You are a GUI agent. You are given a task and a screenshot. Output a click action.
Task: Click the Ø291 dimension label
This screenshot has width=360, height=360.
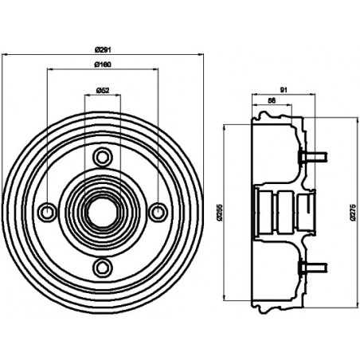pyautogui.click(x=103, y=49)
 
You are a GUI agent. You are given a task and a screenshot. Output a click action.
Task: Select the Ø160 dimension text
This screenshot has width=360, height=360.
pyautogui.click(x=103, y=64)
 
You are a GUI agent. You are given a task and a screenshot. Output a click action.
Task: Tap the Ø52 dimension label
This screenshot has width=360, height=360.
pyautogui.click(x=103, y=90)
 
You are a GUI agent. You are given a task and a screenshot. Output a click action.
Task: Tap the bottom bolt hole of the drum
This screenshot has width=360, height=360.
pyautogui.click(x=103, y=266)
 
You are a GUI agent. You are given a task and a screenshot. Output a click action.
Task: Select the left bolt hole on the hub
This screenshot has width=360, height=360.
pyautogui.click(x=48, y=211)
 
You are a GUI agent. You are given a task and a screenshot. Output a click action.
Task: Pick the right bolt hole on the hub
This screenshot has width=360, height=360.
pyautogui.click(x=158, y=211)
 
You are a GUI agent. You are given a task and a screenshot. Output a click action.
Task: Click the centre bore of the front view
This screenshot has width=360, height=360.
pyautogui.click(x=103, y=211)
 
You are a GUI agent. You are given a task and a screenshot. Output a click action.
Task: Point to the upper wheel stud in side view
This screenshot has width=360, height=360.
pyautogui.click(x=313, y=156)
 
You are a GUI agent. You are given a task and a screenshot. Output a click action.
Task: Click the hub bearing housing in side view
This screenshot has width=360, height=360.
pyautogui.click(x=276, y=211)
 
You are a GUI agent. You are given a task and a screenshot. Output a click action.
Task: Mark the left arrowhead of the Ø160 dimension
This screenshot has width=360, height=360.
pyautogui.click(x=49, y=70)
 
